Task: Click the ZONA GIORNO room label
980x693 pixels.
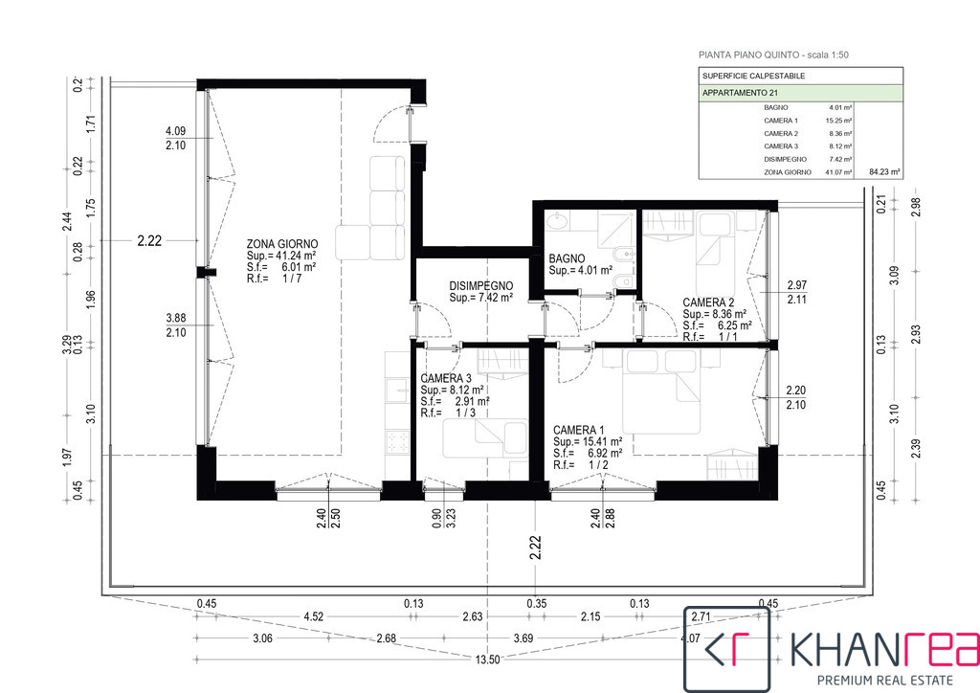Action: coord(282,244)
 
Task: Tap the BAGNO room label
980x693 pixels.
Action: coord(567,258)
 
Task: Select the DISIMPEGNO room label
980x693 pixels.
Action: coord(481,286)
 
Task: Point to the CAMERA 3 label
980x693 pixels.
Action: coord(446,379)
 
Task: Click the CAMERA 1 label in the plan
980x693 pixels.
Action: coord(579,430)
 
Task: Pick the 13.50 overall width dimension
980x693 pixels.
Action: coord(487,659)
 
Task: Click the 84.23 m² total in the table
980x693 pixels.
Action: coord(885,172)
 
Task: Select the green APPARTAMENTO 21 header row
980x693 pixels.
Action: coord(801,93)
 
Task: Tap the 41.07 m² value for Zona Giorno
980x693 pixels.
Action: coord(838,172)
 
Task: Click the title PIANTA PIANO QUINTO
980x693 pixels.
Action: coord(748,55)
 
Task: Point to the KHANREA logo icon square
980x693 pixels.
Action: coord(727,649)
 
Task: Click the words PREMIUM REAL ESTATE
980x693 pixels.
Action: coord(885,680)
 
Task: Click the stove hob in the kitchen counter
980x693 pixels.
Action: coord(397,442)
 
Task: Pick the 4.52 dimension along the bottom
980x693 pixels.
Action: coord(313,616)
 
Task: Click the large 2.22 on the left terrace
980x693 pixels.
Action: coord(149,240)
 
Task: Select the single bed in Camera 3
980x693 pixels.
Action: coord(484,438)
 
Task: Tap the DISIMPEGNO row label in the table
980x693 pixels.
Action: coord(785,159)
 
